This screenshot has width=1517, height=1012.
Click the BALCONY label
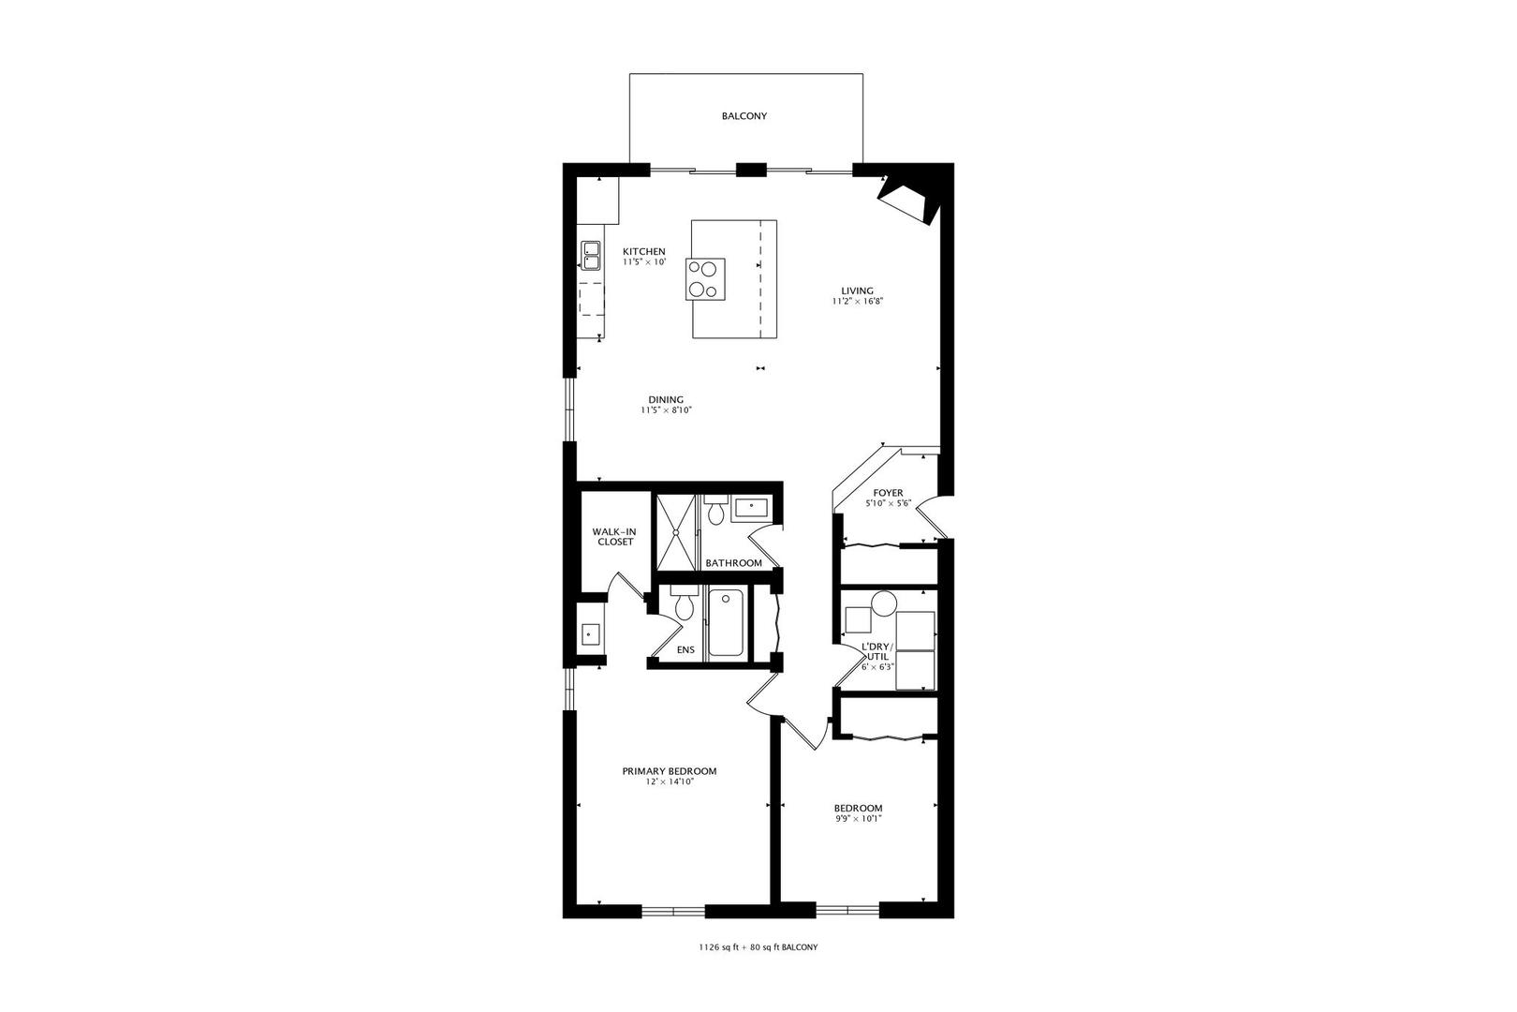click(x=744, y=116)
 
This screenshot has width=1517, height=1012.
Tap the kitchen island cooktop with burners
click(x=706, y=279)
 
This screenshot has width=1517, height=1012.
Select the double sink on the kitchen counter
click(x=591, y=256)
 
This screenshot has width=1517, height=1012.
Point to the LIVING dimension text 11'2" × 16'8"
click(x=858, y=302)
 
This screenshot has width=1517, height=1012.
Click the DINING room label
click(x=666, y=399)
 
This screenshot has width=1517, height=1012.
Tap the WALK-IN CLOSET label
click(x=614, y=536)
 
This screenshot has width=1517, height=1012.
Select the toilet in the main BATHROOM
click(x=716, y=512)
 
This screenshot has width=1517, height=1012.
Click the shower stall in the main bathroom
click(x=675, y=531)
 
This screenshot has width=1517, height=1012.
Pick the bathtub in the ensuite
click(x=726, y=622)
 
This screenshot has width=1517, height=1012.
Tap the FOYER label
click(x=888, y=493)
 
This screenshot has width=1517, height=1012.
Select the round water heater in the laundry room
click(x=884, y=603)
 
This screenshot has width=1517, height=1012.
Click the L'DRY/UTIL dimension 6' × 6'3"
click(x=878, y=667)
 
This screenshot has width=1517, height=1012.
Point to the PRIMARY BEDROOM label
click(x=670, y=771)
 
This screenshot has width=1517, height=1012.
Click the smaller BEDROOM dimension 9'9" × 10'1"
click(x=858, y=818)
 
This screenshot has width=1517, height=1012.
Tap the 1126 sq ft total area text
click(x=717, y=947)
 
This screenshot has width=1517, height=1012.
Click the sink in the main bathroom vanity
click(x=751, y=507)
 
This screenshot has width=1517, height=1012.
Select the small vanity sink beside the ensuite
click(x=590, y=634)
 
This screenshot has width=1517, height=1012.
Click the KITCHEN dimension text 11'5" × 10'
click(x=644, y=262)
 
